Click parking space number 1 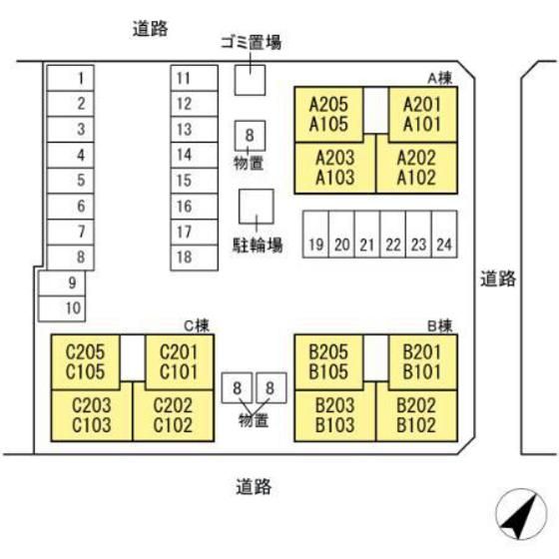[71, 78]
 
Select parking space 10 [62, 308]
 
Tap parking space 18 [195, 258]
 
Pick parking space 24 [444, 234]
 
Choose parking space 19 [315, 234]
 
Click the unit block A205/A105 [328, 115]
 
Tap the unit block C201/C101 [180, 362]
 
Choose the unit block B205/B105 [328, 362]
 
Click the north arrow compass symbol [521, 514]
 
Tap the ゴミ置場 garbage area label [251, 42]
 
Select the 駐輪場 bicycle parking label [258, 246]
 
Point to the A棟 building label [440, 78]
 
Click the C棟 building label [197, 325]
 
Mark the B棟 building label [440, 325]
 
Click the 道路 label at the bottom [254, 487]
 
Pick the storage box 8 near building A [250, 136]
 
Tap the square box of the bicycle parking [257, 207]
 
